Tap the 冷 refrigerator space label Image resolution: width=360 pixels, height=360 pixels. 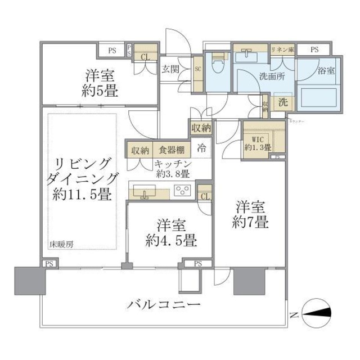(x=201, y=150)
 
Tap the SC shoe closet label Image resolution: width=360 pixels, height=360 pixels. (x=197, y=69)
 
